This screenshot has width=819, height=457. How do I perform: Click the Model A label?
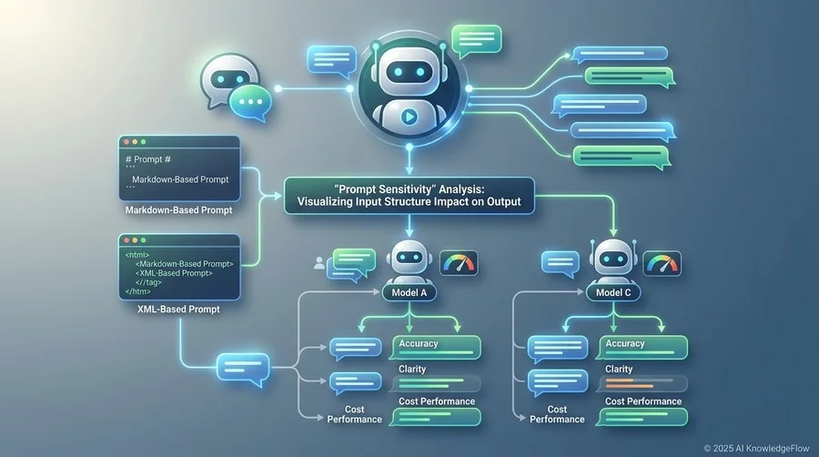coord(409,292)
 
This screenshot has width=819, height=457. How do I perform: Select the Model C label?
coord(613,292)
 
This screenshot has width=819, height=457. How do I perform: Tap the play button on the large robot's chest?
coord(409,117)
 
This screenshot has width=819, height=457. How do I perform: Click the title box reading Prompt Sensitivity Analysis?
coord(409,196)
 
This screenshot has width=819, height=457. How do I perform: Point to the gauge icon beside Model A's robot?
coord(459,263)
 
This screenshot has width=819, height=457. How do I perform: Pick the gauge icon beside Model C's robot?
coord(662,263)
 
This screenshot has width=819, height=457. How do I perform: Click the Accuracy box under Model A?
coord(436,348)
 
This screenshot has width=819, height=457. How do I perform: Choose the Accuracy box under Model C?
coord(642,348)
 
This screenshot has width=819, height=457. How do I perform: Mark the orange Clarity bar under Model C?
coord(630,384)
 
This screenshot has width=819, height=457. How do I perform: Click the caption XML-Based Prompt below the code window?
coord(178,310)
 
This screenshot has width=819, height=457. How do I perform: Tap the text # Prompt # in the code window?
coord(147,159)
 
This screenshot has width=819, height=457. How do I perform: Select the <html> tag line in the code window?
coord(136,255)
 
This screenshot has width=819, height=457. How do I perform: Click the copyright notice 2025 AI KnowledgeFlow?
coord(756,448)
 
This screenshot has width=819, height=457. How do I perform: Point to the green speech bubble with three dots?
coord(251,102)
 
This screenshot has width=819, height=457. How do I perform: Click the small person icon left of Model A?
coord(319,263)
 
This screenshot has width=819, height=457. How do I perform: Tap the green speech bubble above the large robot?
coord(476,40)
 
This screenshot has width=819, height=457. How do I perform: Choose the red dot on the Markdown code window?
coord(126,142)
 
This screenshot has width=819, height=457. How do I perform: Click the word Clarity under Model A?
coord(412,369)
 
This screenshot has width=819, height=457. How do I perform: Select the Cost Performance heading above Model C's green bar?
coord(643,401)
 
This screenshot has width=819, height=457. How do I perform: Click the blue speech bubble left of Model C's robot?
coord(560,264)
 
